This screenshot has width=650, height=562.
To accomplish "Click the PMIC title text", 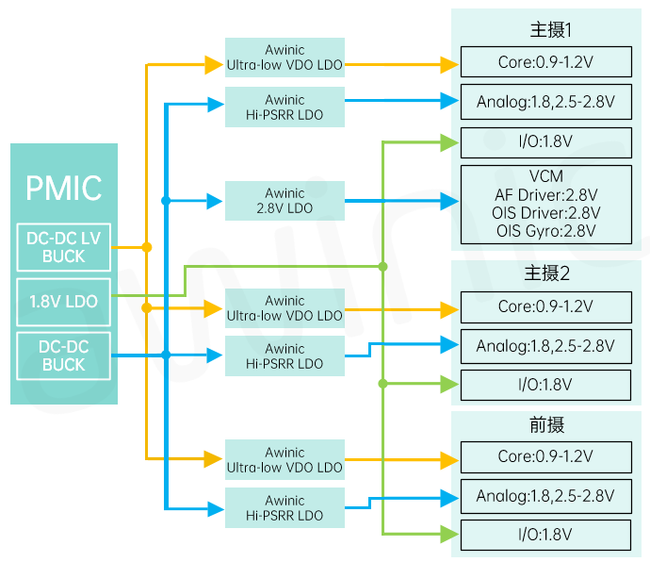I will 64,188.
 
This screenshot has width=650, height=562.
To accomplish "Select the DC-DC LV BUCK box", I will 64,247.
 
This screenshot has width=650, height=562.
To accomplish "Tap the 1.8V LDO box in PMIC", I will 64,301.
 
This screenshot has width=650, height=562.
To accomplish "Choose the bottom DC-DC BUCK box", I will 64,355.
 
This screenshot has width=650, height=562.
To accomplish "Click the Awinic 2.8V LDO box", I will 284,200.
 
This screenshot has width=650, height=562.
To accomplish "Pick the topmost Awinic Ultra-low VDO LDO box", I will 284,58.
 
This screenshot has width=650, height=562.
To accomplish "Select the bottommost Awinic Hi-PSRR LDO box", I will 284,508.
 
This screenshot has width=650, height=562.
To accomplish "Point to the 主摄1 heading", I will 551,29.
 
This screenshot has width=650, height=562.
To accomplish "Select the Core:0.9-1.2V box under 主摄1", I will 545,62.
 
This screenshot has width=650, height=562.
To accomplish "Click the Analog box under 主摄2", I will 545,346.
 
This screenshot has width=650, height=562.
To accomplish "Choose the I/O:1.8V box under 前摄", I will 545,535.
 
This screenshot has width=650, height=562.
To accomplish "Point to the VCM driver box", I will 545,203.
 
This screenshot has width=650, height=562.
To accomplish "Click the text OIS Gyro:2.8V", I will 545,231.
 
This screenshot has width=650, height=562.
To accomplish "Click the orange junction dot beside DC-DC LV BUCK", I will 146,247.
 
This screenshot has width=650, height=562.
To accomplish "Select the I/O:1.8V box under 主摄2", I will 545,384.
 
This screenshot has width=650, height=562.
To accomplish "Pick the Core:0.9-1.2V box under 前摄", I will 545,456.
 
